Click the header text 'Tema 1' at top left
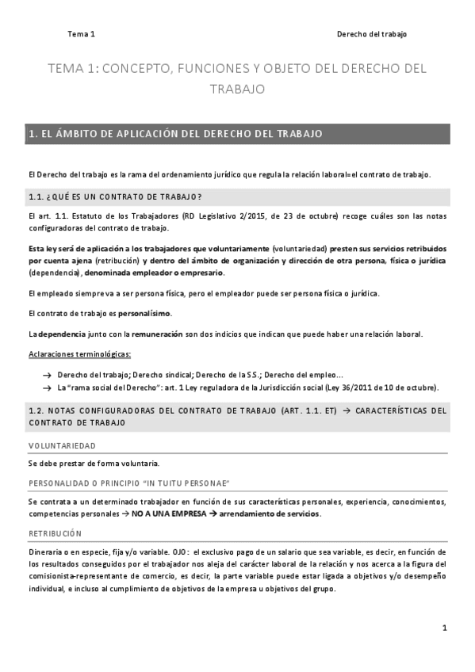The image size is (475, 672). [x=81, y=34]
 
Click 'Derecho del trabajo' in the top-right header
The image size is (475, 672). [x=372, y=34]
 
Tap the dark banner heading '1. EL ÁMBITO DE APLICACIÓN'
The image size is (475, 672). [x=175, y=134]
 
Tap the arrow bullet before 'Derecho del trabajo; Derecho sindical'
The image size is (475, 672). [x=48, y=374]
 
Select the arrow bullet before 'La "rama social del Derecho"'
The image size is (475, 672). [x=48, y=388]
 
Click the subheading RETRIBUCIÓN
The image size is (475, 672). [x=55, y=533]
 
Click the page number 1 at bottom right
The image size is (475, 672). [x=445, y=628]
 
